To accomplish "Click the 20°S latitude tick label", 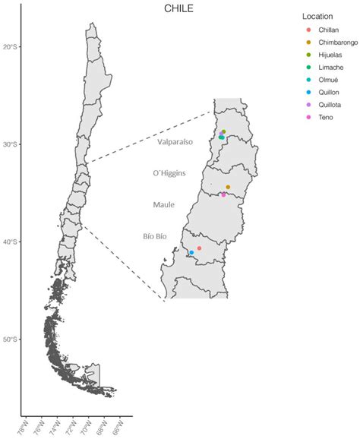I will coord(10,47).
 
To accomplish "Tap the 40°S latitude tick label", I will coord(10,242).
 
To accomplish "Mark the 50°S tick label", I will coord(10,340).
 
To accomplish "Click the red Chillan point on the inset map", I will coord(199,248).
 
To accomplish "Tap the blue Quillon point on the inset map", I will coord(191,252).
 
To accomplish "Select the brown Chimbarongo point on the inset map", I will coord(228,187).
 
